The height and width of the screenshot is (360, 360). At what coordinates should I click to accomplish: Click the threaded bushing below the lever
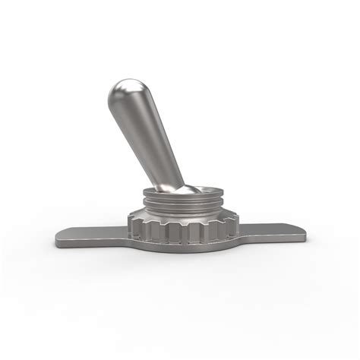point(182,204)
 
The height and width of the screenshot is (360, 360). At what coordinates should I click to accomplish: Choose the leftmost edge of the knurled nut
point(129,225)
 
